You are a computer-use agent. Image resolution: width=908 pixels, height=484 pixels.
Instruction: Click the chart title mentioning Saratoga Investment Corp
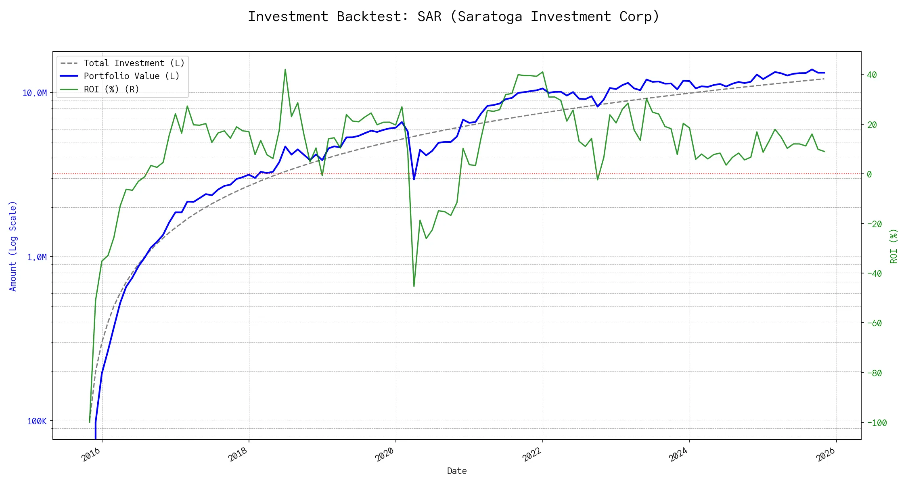(x=453, y=17)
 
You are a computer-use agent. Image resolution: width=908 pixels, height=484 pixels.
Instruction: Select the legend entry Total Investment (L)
(x=134, y=63)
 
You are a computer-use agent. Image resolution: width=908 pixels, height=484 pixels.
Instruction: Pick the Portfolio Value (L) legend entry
(x=131, y=76)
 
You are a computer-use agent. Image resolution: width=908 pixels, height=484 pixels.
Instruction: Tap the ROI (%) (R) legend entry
(x=111, y=90)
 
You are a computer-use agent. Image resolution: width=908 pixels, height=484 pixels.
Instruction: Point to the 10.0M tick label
(x=34, y=93)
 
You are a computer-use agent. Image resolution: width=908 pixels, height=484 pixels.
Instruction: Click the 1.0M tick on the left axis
(x=37, y=257)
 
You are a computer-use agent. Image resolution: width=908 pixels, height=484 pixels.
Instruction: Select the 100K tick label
(x=37, y=421)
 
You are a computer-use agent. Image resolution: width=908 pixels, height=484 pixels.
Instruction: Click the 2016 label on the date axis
(x=91, y=455)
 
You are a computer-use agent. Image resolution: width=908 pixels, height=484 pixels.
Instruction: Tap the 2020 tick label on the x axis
(x=385, y=455)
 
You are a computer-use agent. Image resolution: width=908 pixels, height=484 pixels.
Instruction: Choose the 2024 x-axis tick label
(x=678, y=455)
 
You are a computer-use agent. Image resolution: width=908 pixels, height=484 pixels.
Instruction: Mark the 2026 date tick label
(x=826, y=455)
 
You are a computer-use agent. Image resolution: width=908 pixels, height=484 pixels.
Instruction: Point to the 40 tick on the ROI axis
(x=872, y=75)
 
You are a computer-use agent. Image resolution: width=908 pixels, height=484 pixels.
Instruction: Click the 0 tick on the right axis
(x=869, y=174)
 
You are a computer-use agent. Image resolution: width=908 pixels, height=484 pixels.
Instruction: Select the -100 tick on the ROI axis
(x=877, y=423)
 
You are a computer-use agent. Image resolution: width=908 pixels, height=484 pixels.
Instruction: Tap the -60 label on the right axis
(x=874, y=323)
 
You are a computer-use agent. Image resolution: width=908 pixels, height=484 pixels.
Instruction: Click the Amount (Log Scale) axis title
(x=13, y=246)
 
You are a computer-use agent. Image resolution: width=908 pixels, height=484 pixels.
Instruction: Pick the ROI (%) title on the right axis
(x=893, y=246)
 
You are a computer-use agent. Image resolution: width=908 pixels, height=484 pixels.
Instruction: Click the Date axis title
(x=457, y=471)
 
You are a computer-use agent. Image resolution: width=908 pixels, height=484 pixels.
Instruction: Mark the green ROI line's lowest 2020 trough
(x=414, y=286)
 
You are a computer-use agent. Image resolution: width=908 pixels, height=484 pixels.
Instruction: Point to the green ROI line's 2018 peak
(x=285, y=69)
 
